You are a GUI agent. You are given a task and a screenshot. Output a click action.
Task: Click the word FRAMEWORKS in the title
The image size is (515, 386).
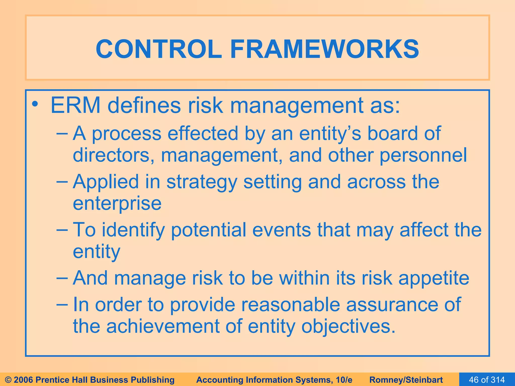(x=324, y=49)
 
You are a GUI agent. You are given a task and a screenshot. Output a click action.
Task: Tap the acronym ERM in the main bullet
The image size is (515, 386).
(x=75, y=106)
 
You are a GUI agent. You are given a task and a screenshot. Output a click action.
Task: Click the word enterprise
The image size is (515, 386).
(x=117, y=204)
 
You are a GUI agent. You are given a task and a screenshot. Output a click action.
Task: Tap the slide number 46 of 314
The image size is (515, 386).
(x=487, y=380)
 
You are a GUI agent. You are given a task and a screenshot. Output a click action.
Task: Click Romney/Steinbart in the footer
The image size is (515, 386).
(x=406, y=380)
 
